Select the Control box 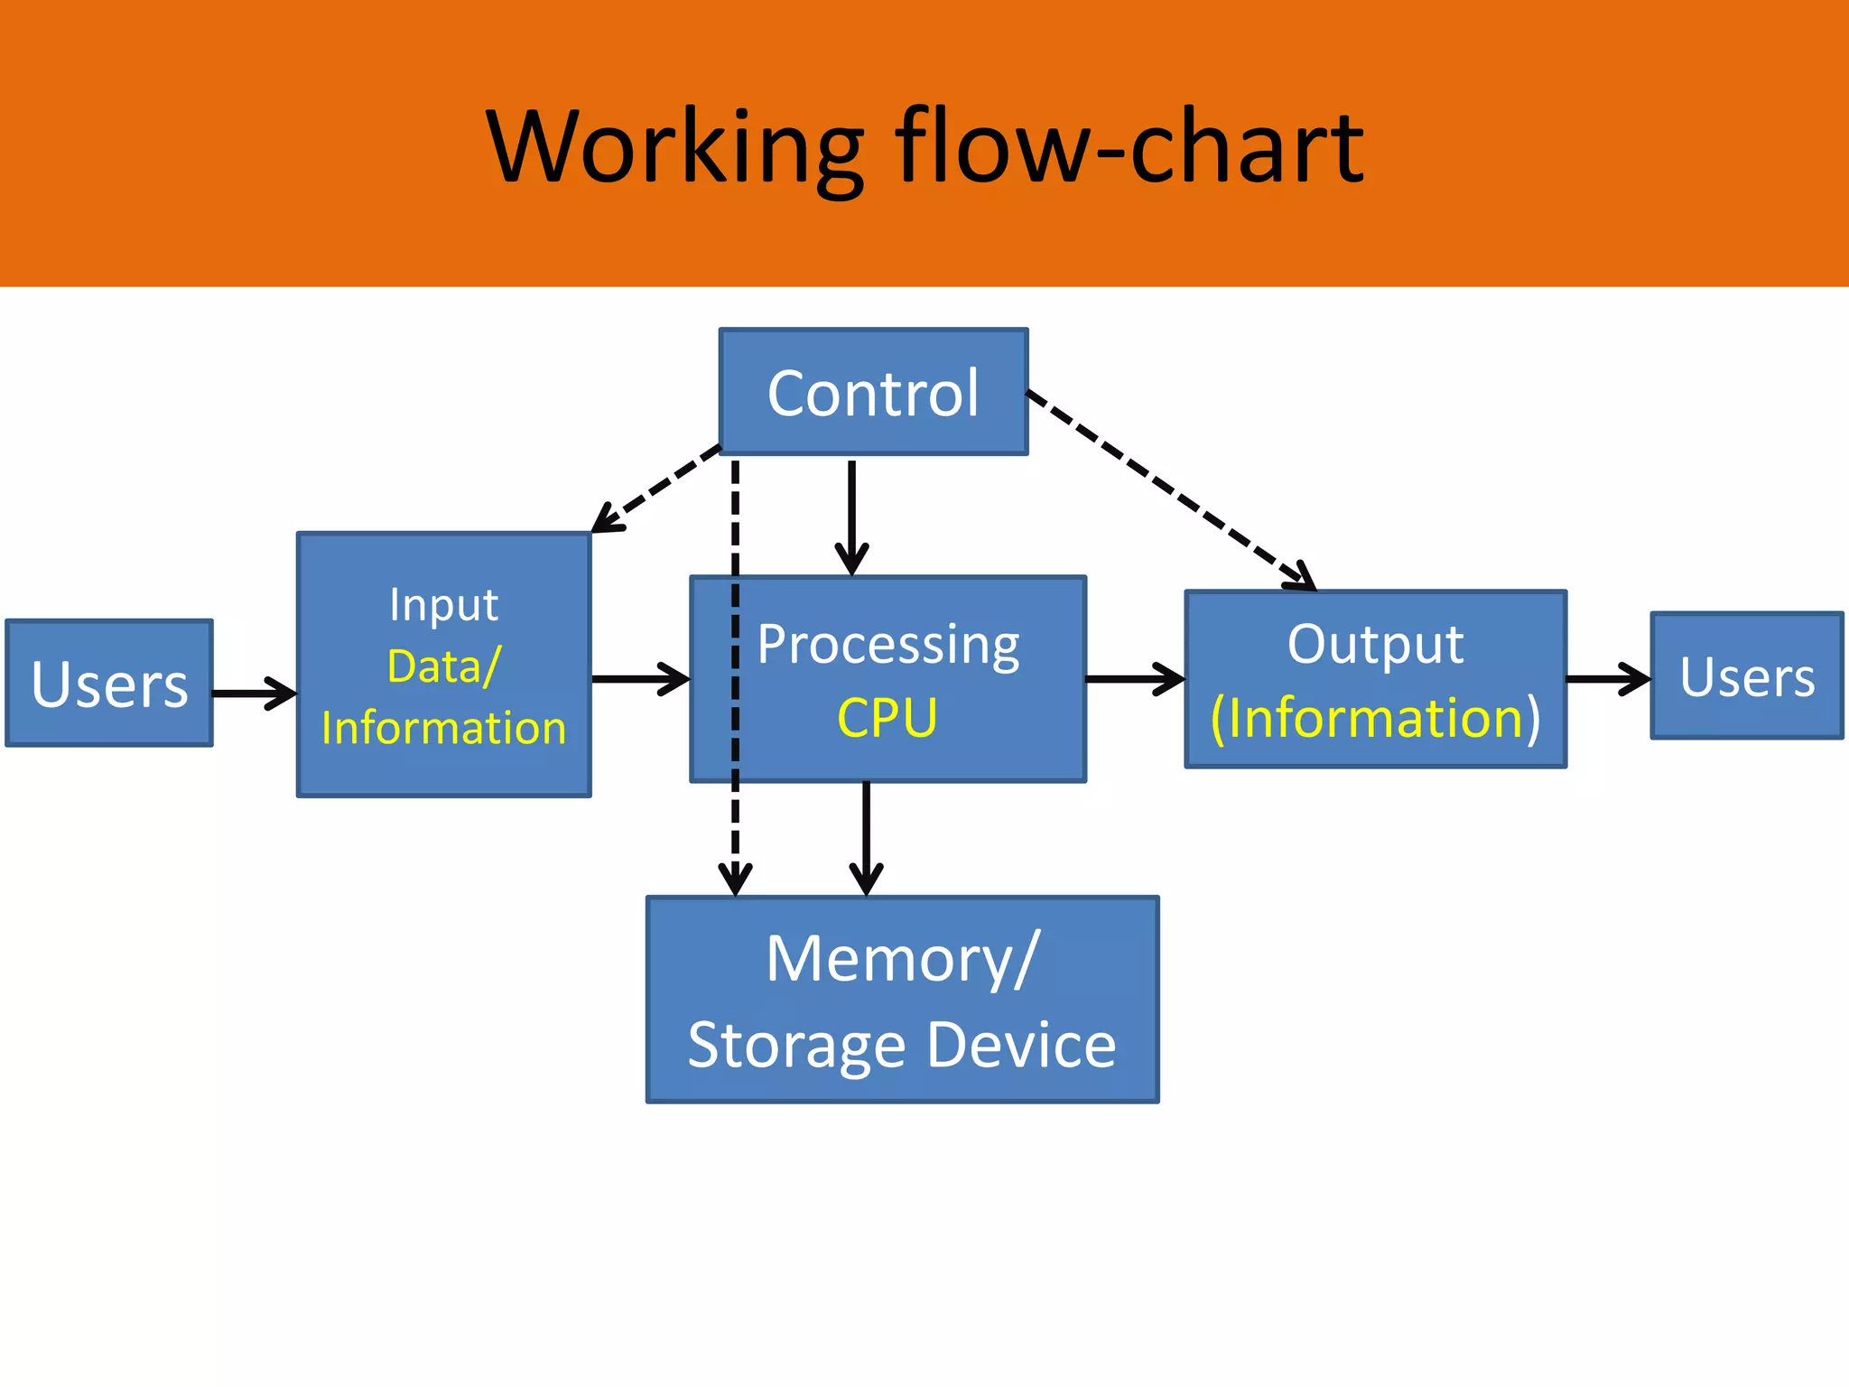click(x=873, y=392)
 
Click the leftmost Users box click(x=109, y=684)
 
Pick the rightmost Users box click(x=1746, y=676)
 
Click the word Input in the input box click(x=443, y=604)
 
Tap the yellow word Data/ click(x=443, y=666)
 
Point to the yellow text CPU click(x=887, y=718)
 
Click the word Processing click(x=887, y=645)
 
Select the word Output click(x=1375, y=644)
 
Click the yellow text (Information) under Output click(x=1375, y=718)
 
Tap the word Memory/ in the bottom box click(x=902, y=959)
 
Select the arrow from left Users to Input click(x=255, y=693)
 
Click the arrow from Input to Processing click(x=640, y=679)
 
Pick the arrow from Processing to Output click(x=1135, y=679)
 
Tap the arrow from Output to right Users click(x=1608, y=679)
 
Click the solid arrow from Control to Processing click(x=851, y=515)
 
